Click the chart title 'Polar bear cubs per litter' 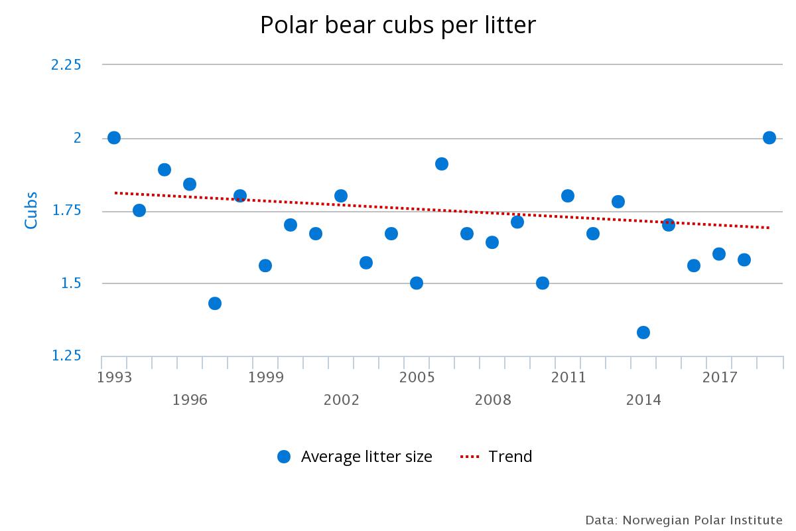tap(397, 25)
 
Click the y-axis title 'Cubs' tap(31, 210)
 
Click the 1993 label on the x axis tap(114, 378)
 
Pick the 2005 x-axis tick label tap(417, 378)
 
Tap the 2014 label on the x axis tap(643, 400)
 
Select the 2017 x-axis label tap(720, 378)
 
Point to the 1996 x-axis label tap(190, 400)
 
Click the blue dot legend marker tap(284, 457)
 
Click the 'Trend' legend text tap(510, 457)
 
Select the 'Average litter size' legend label tap(366, 457)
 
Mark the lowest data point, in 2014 tap(643, 333)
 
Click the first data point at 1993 tap(114, 137)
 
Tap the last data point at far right tap(769, 137)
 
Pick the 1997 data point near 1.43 tap(215, 303)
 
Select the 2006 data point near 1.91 tap(442, 164)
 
